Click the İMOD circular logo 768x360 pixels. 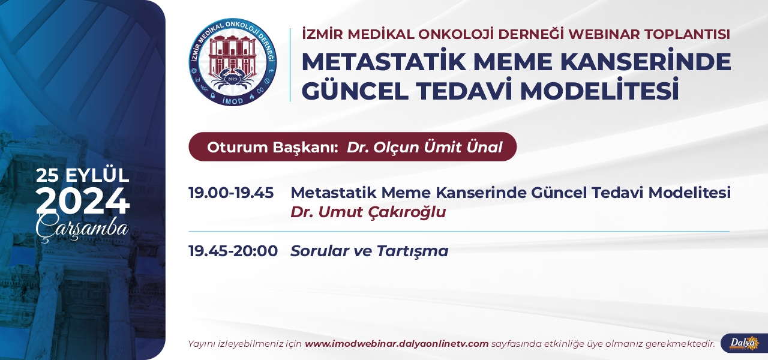coord(233,62)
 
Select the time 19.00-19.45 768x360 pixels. coord(231,193)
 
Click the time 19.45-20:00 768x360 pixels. coord(233,251)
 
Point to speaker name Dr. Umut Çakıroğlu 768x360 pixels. coord(368,212)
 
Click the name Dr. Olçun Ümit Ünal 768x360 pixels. coord(424,147)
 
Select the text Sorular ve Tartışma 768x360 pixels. coord(369,251)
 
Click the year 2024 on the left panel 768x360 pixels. coord(83,201)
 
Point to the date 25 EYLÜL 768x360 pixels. coord(83,175)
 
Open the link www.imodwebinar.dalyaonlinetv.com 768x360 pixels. coord(397,344)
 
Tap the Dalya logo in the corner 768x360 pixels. coord(744,343)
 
